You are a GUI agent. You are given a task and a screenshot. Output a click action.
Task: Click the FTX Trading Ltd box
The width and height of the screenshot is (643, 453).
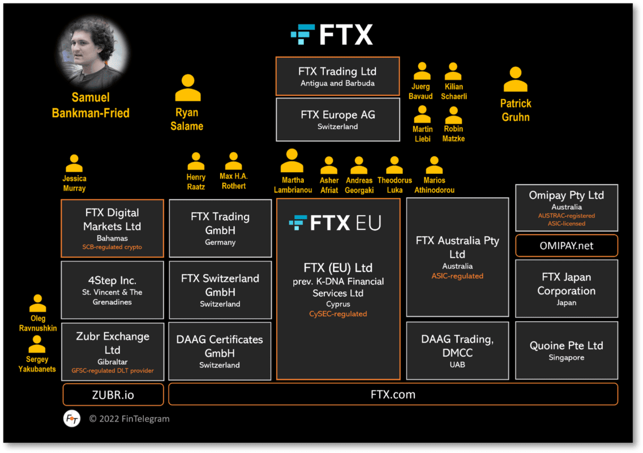pos(337,76)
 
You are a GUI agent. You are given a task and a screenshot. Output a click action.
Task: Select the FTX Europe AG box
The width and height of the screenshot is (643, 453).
pos(337,119)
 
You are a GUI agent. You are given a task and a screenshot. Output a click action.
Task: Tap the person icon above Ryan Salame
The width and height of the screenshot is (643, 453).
pos(187,88)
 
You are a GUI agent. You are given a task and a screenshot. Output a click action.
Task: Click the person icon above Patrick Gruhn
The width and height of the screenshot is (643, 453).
pos(515,80)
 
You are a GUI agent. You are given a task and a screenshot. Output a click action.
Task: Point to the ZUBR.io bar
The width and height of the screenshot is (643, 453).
pos(113,395)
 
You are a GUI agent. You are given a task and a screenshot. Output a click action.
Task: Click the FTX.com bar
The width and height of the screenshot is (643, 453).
pos(393,395)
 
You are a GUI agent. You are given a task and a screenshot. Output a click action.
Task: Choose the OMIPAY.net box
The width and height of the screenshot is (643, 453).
pos(566,246)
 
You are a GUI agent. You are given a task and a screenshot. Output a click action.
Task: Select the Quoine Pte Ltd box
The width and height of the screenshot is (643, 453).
pos(566,350)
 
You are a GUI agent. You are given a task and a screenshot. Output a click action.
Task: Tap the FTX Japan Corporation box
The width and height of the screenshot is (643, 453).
pos(566,288)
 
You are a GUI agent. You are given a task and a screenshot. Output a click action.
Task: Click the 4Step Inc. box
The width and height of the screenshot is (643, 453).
pos(112,290)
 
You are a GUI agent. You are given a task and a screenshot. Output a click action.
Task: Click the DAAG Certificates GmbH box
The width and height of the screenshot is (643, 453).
pos(220,351)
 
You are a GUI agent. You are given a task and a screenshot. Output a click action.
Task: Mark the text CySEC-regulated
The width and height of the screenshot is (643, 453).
pos(338,314)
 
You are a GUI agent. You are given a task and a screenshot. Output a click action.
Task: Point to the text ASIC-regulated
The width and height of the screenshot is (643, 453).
pos(457,276)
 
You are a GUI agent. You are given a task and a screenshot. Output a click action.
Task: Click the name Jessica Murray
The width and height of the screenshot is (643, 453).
pos(74,183)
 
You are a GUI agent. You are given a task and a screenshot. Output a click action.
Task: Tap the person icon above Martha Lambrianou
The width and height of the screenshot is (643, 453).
pos(292,161)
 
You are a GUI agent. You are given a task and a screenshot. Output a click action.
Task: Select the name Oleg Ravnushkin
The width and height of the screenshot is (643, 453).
pos(38,323)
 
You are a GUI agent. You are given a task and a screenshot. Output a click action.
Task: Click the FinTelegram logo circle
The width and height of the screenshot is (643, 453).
pos(72,419)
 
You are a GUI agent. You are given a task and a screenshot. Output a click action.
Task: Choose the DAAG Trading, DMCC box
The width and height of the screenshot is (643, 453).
pos(457,350)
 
